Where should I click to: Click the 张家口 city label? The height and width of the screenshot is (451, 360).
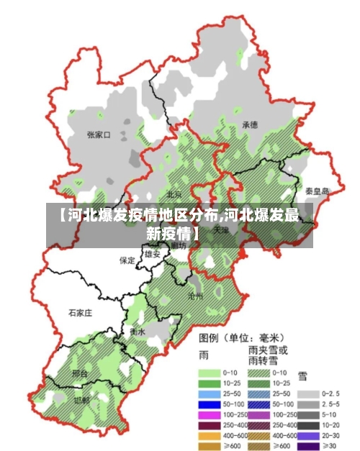tap(98, 135)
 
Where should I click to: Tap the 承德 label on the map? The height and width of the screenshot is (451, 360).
tap(250, 124)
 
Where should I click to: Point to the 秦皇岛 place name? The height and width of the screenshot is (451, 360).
tap(316, 191)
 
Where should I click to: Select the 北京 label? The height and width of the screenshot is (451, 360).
tap(174, 194)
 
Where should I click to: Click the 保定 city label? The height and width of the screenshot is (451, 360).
tap(127, 260)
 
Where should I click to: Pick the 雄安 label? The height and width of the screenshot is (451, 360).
tap(152, 254)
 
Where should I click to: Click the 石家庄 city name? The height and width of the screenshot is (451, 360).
tap(80, 313)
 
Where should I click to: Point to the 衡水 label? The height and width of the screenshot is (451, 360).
tap(138, 332)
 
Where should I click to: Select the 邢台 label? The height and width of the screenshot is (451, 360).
tap(80, 375)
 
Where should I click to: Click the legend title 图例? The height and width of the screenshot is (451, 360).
tap(209, 337)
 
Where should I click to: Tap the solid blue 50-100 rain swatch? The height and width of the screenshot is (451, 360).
tap(209, 405)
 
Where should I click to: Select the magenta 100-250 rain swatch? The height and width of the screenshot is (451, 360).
tap(209, 415)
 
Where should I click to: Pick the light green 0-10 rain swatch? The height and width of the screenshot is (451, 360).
tap(209, 373)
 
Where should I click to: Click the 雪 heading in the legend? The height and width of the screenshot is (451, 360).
tap(302, 375)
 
